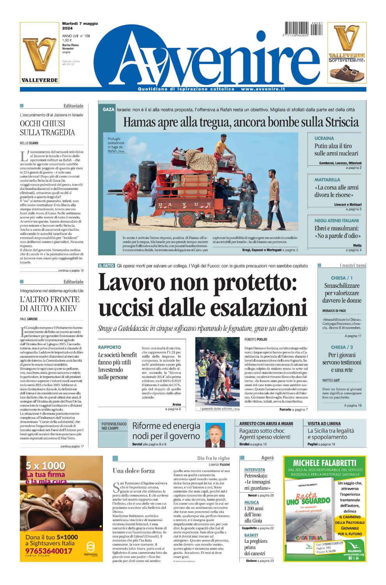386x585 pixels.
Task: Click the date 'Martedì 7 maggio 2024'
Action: coord(80,26)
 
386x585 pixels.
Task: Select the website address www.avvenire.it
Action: coord(263,89)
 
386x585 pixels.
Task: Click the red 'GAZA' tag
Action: coord(108,110)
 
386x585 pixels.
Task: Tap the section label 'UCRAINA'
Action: coord(324,138)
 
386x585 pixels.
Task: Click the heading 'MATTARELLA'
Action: coord(328,180)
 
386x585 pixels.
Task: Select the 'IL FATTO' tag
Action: coord(106,266)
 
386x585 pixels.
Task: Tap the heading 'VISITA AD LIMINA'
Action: coord(324,423)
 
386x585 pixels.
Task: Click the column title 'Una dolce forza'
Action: coord(134,471)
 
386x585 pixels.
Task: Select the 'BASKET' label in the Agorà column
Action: coord(251,535)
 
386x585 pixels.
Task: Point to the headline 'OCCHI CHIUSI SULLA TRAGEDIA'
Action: coord(47,128)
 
